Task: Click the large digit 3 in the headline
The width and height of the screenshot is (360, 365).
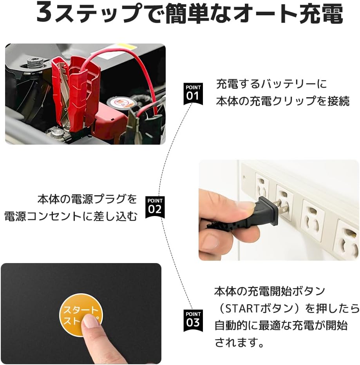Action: tap(44, 13)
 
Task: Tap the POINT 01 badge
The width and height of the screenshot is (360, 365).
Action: tap(193, 94)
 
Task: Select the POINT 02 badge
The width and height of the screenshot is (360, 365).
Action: tap(155, 207)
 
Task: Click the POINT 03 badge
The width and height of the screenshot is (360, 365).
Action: tap(193, 320)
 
